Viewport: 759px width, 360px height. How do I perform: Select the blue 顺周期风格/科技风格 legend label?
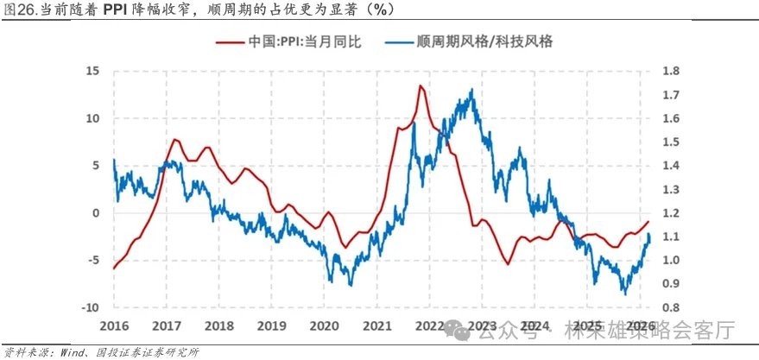[483, 40]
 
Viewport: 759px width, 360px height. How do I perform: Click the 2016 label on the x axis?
[114, 327]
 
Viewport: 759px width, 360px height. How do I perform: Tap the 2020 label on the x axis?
[325, 327]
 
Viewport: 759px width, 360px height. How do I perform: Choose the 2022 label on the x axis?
[430, 327]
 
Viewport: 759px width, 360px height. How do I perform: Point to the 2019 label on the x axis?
[272, 327]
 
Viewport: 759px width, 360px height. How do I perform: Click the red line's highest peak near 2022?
[420, 85]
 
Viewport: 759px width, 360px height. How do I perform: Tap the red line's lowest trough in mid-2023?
[509, 263]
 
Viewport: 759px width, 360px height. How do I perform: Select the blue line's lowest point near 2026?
[625, 294]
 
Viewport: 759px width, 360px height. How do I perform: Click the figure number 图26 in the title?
[21, 9]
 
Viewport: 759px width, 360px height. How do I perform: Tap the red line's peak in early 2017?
[175, 139]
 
